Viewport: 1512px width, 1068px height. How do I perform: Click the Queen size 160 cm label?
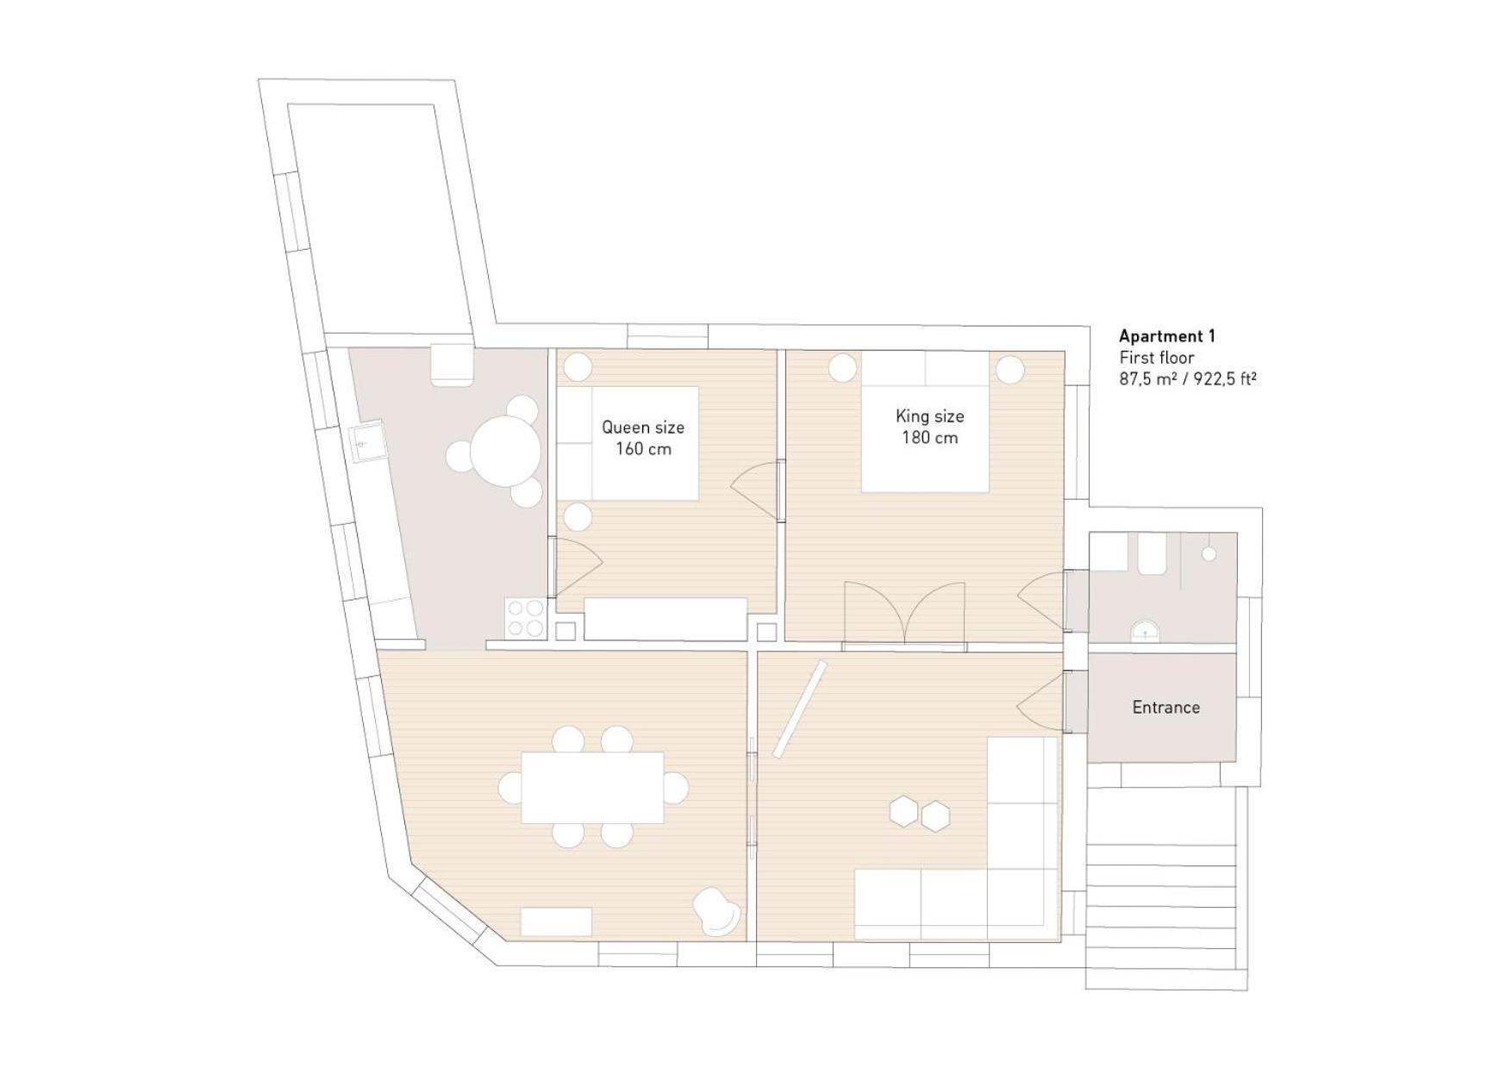(642, 438)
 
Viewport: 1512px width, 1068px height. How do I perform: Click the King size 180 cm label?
(929, 427)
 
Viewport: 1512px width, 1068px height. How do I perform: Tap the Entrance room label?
(1165, 707)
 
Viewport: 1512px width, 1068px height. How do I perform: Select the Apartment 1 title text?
(1166, 336)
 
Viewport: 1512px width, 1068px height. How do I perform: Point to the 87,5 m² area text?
(1148, 378)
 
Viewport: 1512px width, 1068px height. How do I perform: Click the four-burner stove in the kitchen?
(525, 617)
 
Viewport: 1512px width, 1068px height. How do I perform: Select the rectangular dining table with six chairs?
(592, 787)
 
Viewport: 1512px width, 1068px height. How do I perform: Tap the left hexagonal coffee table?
(904, 811)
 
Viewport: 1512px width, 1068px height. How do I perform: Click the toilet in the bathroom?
(1152, 553)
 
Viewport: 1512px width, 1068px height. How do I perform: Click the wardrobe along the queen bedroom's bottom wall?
(665, 618)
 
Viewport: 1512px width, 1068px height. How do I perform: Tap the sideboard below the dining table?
(556, 921)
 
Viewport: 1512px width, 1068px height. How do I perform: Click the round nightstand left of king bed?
(842, 369)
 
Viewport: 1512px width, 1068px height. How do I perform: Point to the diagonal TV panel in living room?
(799, 709)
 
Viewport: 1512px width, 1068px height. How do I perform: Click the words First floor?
(1156, 358)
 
